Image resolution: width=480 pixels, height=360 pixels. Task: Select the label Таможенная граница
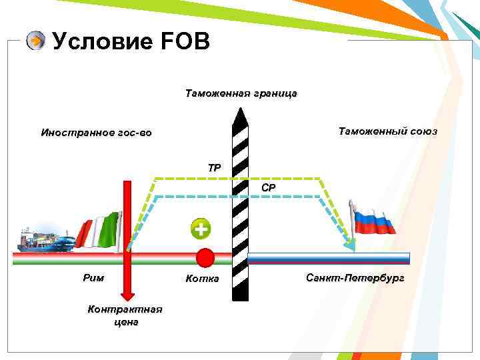241,93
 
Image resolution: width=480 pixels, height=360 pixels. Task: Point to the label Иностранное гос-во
96,133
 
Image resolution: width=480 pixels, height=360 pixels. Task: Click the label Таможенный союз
387,131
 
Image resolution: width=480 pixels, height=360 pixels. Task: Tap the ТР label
214,168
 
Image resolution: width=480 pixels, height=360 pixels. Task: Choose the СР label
268,188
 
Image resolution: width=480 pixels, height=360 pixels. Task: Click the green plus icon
199,229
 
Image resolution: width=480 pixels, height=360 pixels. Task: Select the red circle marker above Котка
205,257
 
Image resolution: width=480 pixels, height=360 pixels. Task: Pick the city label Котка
202,278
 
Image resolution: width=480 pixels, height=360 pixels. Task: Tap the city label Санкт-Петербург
355,277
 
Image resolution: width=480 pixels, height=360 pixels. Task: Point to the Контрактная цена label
125,315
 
